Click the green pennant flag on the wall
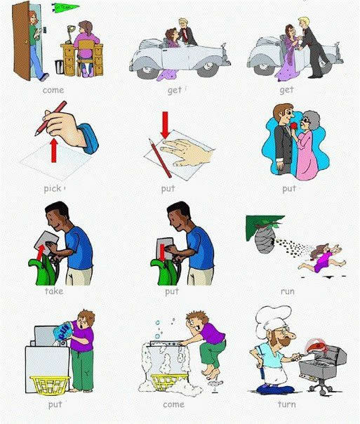[65, 7]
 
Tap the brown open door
[21, 41]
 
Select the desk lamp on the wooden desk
[71, 34]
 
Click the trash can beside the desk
[59, 67]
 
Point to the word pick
[53, 188]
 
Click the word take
[54, 291]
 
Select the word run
[288, 292]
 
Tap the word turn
[286, 404]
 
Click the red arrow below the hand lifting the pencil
[54, 150]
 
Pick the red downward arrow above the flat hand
[165, 125]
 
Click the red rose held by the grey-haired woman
[295, 126]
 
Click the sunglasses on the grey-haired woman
[307, 121]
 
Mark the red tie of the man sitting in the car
[185, 34]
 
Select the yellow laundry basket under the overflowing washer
[168, 382]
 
